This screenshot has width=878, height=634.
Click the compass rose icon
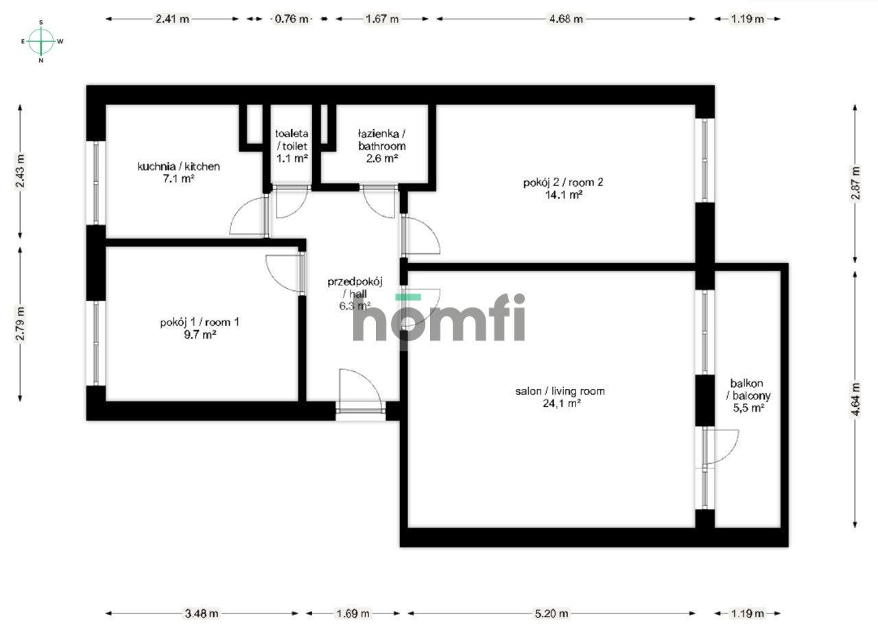[x=42, y=41]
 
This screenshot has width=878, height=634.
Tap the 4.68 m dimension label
[x=566, y=19]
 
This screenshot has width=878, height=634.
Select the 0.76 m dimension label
[x=292, y=19]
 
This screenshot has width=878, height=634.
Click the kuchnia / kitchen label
[x=178, y=166]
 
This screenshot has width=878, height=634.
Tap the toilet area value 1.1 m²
[x=292, y=158]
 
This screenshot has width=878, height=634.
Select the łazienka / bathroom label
[x=381, y=139]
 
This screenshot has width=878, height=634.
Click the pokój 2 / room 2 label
[x=553, y=183]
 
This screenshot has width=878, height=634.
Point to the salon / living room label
[x=560, y=391]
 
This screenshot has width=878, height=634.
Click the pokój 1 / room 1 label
[x=200, y=322]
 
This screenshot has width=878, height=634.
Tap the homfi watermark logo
[x=439, y=318]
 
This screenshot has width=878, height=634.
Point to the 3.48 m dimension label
[x=202, y=613]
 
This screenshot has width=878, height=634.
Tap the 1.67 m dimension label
[x=382, y=19]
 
